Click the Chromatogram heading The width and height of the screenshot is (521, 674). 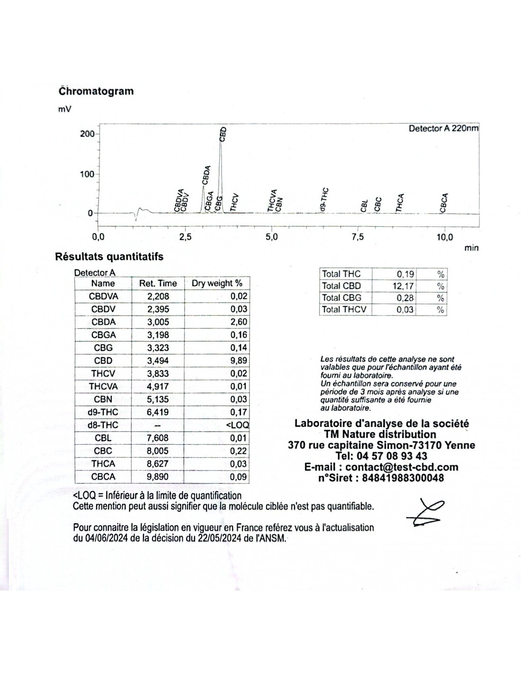(96, 91)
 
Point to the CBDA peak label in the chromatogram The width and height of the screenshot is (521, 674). (206, 175)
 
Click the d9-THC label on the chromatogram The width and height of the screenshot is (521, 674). (324, 199)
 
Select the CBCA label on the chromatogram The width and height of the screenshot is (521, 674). (444, 203)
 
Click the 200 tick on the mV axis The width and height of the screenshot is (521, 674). (87, 134)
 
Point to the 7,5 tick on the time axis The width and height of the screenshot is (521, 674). (358, 237)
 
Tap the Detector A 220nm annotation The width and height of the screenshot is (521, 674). (443, 128)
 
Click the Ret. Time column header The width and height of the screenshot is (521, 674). (158, 283)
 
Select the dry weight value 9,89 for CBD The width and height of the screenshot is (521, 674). (239, 361)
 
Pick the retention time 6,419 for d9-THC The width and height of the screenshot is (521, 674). (158, 412)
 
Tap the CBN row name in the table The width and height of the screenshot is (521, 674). (103, 400)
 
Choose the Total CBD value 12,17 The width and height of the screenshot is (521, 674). (404, 286)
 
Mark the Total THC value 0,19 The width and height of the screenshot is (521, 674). (405, 274)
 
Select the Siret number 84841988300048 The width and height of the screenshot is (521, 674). (403, 478)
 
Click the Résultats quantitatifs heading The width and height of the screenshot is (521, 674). (109, 257)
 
